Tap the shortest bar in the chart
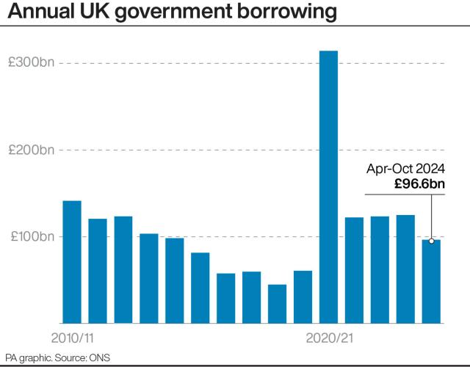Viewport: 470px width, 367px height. tap(277, 303)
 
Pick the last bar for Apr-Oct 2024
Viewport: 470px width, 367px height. tap(431, 282)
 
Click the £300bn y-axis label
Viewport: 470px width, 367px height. tap(32, 63)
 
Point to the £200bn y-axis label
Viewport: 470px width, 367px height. tap(32, 150)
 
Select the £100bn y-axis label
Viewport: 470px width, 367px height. tap(32, 236)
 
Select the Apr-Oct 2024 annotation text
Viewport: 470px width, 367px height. tap(405, 170)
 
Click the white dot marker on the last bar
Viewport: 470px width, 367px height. tap(431, 241)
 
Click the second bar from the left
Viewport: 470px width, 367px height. tap(98, 271)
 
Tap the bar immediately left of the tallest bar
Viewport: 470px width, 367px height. tap(303, 297)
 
